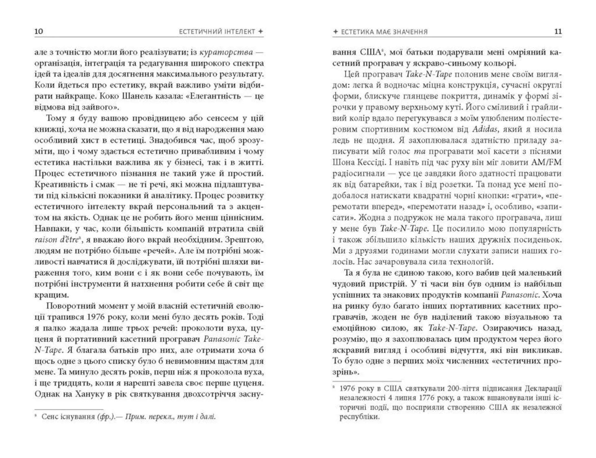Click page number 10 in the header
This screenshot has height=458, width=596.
click(x=39, y=31)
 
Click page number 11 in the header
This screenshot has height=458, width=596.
click(x=558, y=31)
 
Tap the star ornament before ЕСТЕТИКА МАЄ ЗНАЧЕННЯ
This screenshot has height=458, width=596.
click(x=335, y=32)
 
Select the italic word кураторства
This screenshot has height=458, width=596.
click(x=226, y=52)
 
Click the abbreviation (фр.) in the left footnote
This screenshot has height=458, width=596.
click(x=105, y=417)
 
